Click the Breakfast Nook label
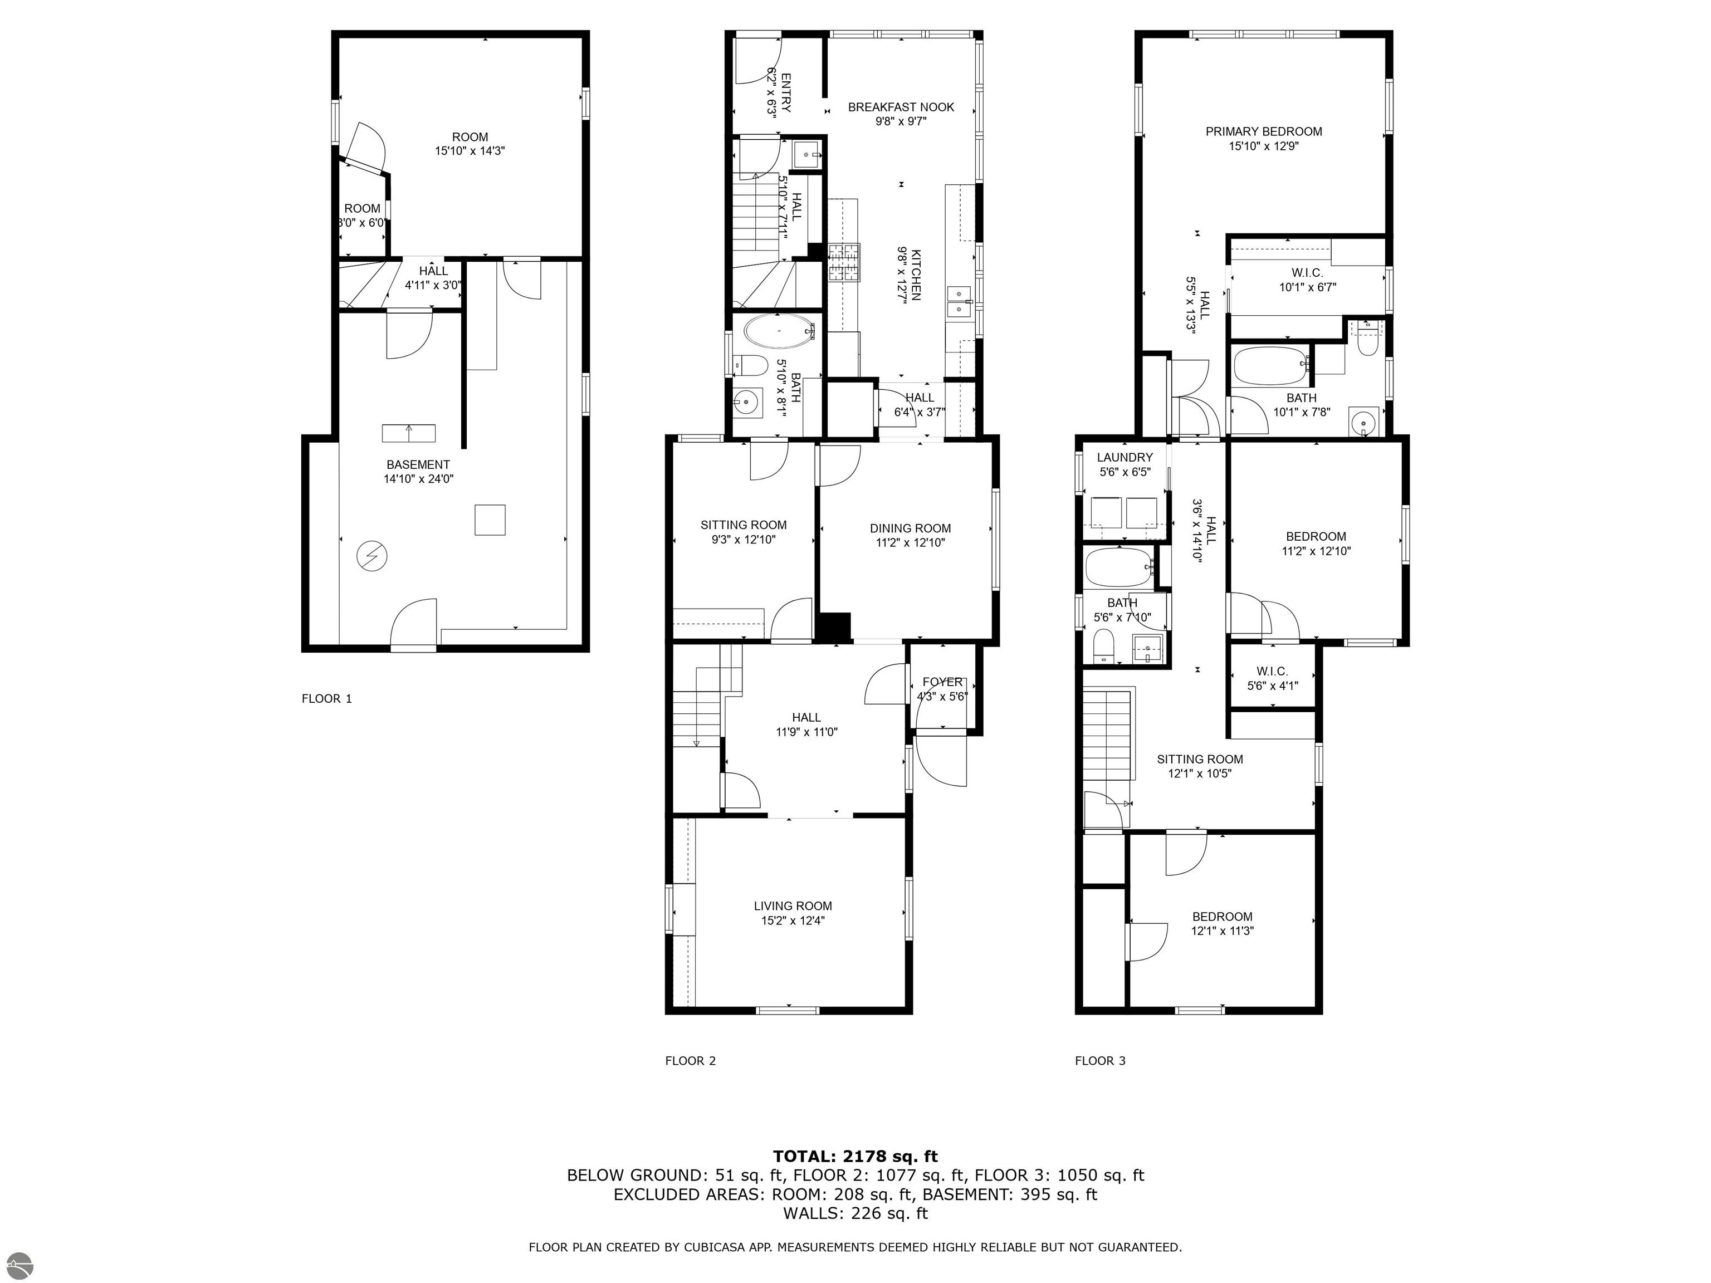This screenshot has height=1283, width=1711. point(901,107)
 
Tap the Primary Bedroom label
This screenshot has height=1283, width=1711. point(1263,131)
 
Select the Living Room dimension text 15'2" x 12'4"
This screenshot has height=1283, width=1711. point(793,920)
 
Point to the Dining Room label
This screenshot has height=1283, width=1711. point(911,528)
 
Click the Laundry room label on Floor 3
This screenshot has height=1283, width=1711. point(1125,457)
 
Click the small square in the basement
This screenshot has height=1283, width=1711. point(490,520)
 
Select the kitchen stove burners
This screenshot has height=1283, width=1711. point(844,262)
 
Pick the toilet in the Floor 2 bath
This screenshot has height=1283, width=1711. point(750,364)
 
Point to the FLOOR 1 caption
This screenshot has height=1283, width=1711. point(326,699)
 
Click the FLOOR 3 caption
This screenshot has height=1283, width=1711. point(1100,1060)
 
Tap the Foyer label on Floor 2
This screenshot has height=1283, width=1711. point(942,682)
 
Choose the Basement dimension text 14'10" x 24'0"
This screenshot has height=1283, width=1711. point(418,479)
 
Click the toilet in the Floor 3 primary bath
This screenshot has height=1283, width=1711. point(1367,341)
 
